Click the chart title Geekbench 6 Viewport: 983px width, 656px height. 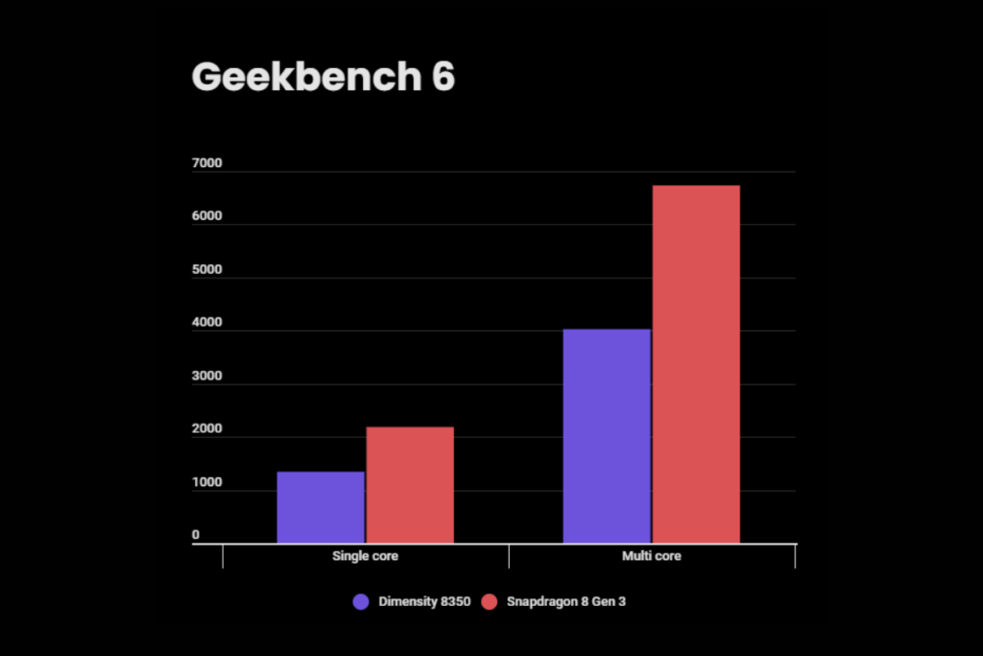[323, 77]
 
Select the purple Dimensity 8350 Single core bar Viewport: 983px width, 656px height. [321, 507]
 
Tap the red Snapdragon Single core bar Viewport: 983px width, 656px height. [410, 485]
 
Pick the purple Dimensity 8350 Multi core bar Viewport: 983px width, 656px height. [607, 436]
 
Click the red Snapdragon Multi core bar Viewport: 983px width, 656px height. [696, 364]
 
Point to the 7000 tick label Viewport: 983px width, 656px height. [206, 164]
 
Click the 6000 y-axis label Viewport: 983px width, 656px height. [206, 217]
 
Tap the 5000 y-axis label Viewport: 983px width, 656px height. [206, 270]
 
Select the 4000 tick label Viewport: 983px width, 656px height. [206, 324]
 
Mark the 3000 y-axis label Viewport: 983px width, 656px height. [206, 377]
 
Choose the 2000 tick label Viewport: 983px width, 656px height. [206, 429]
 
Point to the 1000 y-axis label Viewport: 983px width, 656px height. [206, 483]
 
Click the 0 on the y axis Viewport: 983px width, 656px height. [195, 535]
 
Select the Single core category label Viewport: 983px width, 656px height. [365, 556]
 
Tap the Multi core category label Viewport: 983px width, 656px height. [652, 556]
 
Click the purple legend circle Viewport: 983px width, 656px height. [361, 602]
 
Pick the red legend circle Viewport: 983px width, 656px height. [489, 602]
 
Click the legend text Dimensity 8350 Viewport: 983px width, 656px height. [423, 602]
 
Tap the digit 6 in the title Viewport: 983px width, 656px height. [443, 77]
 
